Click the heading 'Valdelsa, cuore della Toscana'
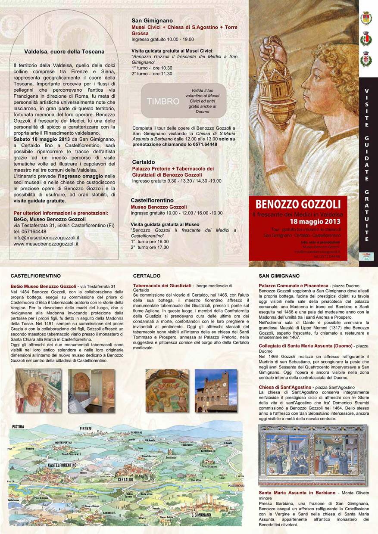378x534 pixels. click(x=64, y=52)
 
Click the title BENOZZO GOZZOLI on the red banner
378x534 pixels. click(x=298, y=204)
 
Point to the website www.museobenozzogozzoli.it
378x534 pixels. click(x=46, y=244)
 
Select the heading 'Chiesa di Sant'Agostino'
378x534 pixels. click(x=285, y=388)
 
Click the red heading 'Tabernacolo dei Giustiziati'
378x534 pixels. click(x=162, y=285)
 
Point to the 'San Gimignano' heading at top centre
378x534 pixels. click(x=152, y=20)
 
